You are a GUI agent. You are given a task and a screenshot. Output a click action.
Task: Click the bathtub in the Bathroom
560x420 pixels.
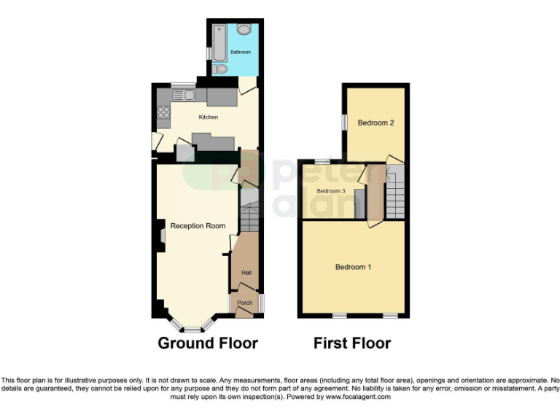click(219, 44)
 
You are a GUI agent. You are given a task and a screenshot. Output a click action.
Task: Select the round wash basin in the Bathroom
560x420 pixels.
click(243, 29)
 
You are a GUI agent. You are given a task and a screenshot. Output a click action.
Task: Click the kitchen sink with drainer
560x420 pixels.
click(183, 94)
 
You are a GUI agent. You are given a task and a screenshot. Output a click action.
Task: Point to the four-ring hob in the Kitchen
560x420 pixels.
click(164, 113)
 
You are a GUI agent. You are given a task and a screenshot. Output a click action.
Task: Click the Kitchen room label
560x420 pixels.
click(209, 117)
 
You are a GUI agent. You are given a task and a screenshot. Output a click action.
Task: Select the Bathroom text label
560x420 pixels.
click(241, 52)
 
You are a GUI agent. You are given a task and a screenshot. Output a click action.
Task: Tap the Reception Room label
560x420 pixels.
click(198, 226)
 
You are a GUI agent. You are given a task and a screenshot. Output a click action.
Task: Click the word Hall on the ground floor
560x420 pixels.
click(246, 273)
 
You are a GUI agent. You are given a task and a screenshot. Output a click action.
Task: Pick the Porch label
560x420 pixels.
click(245, 303)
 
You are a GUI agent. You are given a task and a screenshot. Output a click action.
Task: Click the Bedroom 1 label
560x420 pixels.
click(353, 267)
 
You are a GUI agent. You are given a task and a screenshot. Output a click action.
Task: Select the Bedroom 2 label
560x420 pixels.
click(376, 122)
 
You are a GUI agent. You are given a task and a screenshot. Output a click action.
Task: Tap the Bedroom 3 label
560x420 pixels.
click(330, 191)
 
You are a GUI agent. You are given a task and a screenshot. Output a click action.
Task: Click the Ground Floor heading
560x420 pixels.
click(208, 343)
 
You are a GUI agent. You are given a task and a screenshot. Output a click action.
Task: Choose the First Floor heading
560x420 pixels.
click(352, 343)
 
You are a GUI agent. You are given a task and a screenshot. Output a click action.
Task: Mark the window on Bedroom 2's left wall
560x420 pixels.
click(344, 122)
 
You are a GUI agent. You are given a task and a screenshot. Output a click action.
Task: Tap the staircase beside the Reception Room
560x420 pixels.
click(249, 215)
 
